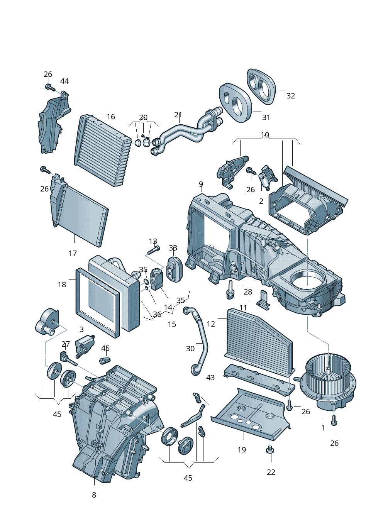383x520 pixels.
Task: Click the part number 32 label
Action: (290, 96)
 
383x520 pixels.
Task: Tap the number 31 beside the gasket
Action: (266, 117)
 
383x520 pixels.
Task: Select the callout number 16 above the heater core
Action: (111, 117)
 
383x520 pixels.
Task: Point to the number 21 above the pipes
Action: (178, 115)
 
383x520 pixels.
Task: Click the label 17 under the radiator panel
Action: (73, 253)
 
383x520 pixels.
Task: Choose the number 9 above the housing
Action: (201, 184)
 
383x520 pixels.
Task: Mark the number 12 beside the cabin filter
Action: (211, 324)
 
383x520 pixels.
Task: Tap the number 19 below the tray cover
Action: (242, 450)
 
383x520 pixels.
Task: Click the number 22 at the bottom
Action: (271, 472)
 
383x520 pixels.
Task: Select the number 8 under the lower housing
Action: (94, 495)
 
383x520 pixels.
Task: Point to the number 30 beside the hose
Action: (190, 349)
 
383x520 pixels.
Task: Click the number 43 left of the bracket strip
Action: (210, 378)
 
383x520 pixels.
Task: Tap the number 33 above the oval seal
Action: (173, 248)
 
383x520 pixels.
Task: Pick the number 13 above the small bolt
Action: (153, 242)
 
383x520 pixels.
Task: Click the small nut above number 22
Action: (270, 450)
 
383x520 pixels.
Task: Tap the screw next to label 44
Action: (49, 87)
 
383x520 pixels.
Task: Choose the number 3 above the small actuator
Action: (81, 329)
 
